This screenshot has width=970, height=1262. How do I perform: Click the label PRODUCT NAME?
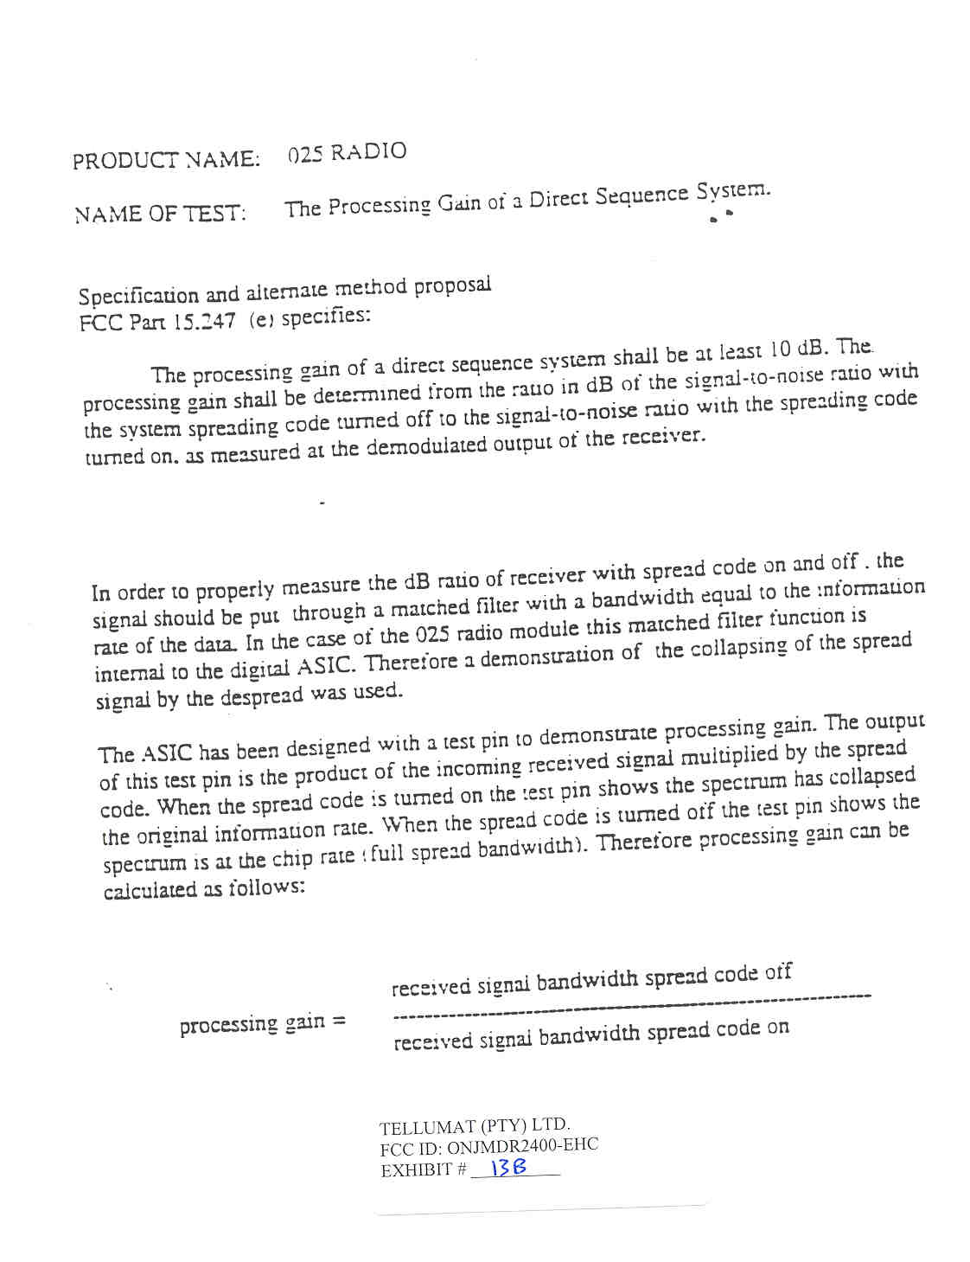pyautogui.click(x=165, y=160)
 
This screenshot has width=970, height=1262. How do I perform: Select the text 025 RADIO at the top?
pyautogui.click(x=347, y=153)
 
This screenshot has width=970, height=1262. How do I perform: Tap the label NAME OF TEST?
pyautogui.click(x=160, y=214)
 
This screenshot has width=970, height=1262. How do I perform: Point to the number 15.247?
pyautogui.click(x=204, y=322)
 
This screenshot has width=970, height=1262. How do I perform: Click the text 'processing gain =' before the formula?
pyautogui.click(x=263, y=1024)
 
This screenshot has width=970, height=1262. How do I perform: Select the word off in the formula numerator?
pyautogui.click(x=778, y=973)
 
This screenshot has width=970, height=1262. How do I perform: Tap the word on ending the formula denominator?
pyautogui.click(x=777, y=1028)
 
